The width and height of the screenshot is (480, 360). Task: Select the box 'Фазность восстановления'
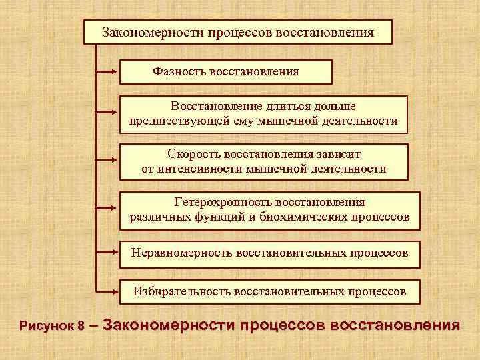coord(225,71)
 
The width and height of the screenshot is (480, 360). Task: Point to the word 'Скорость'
coord(190,154)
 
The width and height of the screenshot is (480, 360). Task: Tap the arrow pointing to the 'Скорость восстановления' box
coord(107,161)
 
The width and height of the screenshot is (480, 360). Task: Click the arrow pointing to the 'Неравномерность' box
coord(107,252)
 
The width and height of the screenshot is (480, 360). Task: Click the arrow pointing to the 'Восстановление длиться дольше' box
coord(107,113)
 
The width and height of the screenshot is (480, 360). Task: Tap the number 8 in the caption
coord(81,327)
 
